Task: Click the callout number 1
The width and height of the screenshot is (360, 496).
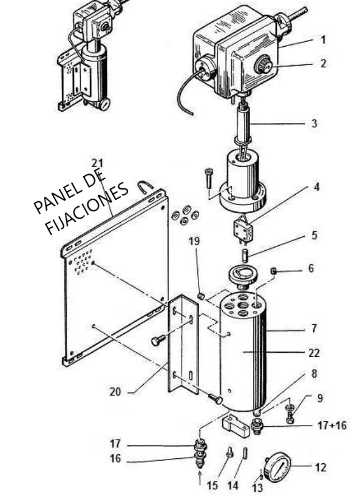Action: (323, 40)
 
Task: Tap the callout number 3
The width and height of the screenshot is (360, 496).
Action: (314, 123)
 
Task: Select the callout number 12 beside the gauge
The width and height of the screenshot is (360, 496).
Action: (320, 467)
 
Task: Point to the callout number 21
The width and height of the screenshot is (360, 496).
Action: (97, 163)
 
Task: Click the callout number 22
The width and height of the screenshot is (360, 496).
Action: (314, 353)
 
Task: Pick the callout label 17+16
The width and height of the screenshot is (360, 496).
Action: (332, 425)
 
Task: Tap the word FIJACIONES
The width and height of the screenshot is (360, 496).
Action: (87, 208)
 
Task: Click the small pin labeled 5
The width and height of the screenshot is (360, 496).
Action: (245, 255)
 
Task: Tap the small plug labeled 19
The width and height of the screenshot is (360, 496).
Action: (200, 296)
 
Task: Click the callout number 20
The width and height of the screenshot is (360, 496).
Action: (115, 392)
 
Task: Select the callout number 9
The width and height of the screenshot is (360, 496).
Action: (320, 398)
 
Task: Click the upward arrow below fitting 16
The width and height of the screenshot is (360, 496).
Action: (199, 478)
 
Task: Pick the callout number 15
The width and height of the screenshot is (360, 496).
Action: (212, 485)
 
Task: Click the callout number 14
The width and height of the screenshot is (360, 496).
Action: (233, 485)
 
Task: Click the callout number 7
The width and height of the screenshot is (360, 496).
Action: (313, 328)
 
